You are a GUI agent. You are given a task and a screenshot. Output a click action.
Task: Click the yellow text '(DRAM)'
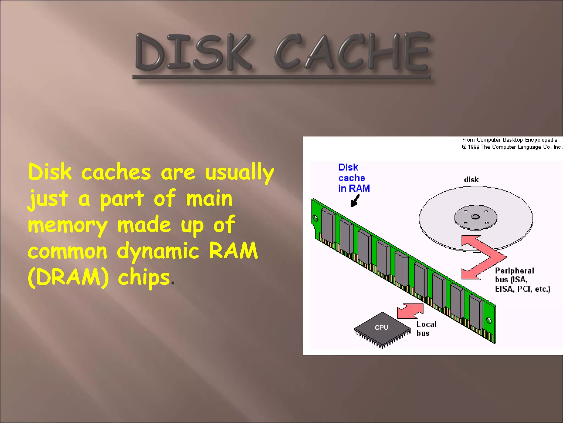(x=68, y=277)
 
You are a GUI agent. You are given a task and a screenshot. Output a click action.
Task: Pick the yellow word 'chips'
(x=144, y=278)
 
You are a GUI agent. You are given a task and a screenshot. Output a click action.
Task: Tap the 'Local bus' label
(x=426, y=329)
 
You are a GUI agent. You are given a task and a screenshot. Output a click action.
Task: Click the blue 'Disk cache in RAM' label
(x=354, y=178)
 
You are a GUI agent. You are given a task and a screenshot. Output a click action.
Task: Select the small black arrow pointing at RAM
(x=355, y=201)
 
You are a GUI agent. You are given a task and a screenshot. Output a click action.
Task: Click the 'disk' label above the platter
(x=471, y=180)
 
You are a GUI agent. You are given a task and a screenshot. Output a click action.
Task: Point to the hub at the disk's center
(x=476, y=217)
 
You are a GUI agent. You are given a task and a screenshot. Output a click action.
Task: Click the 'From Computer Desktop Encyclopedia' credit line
(x=509, y=140)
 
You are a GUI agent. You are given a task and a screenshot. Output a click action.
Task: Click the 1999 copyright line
(x=512, y=147)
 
